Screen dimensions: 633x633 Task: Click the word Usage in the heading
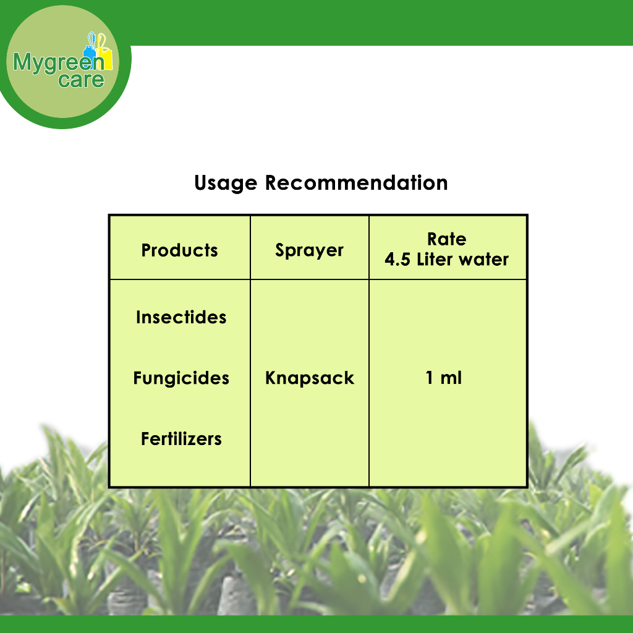click(226, 184)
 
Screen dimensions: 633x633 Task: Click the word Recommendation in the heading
click(357, 183)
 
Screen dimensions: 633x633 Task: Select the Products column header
click(180, 250)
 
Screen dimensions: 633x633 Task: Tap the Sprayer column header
click(309, 251)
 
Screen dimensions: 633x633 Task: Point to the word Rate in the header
click(447, 239)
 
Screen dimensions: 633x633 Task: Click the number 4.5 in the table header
click(397, 259)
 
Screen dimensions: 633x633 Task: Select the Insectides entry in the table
click(181, 317)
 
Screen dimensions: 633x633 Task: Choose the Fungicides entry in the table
click(181, 378)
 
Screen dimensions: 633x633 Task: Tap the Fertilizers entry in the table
click(181, 439)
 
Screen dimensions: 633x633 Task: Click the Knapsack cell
click(310, 378)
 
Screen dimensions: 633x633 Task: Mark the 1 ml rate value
click(444, 378)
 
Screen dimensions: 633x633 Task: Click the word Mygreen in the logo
click(59, 62)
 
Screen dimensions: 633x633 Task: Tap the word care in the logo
click(81, 80)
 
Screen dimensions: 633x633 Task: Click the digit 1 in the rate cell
click(430, 378)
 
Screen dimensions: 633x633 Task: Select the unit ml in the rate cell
click(451, 378)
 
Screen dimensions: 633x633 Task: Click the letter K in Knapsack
click(271, 378)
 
